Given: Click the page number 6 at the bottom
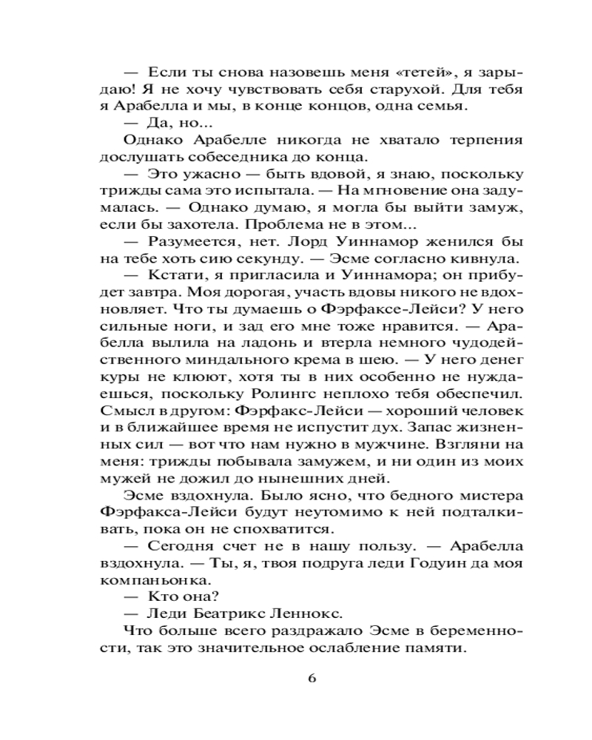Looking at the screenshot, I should (312, 679).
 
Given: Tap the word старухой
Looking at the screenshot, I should (404, 90).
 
